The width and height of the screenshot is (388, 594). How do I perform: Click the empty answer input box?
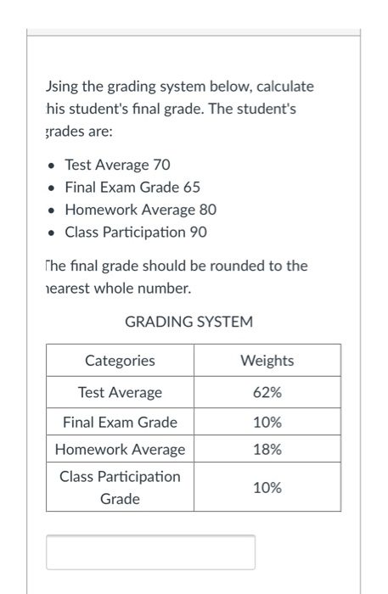(150, 552)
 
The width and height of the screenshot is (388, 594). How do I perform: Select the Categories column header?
(120, 361)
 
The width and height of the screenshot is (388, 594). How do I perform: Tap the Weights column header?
(267, 361)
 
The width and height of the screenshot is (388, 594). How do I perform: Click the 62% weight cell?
(267, 393)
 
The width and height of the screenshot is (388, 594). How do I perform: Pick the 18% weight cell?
(267, 449)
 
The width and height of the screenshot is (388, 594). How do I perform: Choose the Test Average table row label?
(120, 393)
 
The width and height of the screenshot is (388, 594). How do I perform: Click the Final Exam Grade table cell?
(120, 422)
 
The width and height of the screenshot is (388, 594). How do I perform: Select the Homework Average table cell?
(120, 449)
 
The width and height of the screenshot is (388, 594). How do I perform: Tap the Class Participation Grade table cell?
(120, 488)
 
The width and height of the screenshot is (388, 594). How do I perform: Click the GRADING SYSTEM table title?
(188, 322)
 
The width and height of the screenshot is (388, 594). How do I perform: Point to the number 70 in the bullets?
(161, 165)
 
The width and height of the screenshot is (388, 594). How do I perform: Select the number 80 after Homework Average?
(208, 209)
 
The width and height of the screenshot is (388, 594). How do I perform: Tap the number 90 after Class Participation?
(198, 231)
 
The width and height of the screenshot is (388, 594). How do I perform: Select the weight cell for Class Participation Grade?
(267, 488)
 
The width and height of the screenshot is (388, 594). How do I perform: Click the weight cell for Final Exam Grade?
(267, 422)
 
